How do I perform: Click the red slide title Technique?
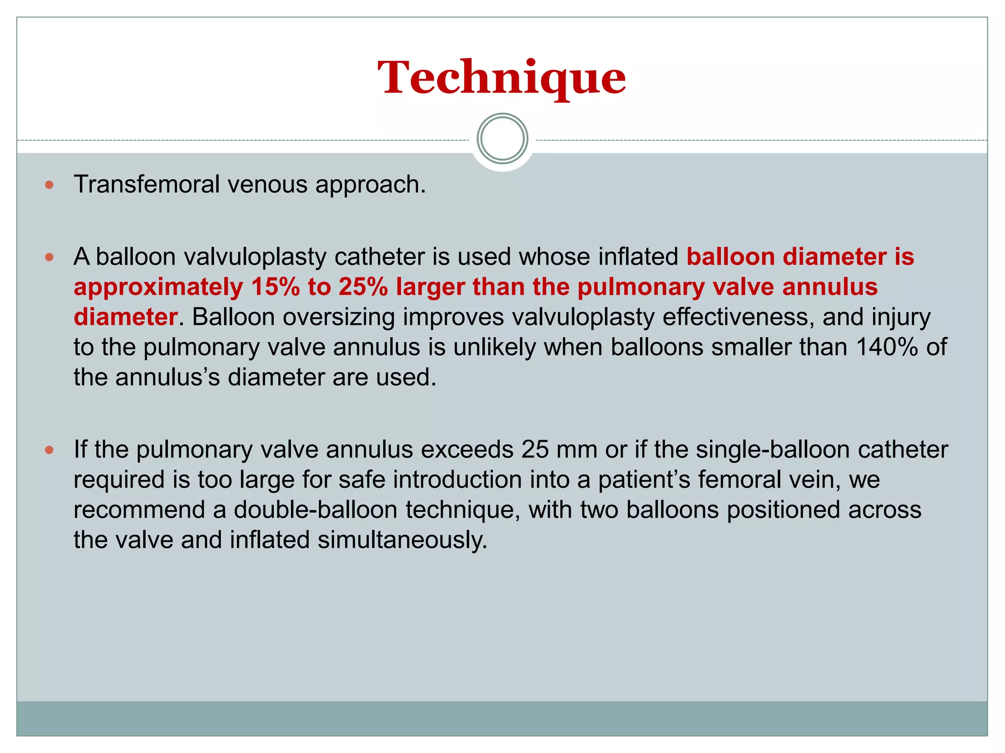(x=502, y=77)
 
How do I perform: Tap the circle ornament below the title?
(x=502, y=139)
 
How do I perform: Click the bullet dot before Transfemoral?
(x=49, y=185)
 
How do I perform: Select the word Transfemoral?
(x=147, y=185)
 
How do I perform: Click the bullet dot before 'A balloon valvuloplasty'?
(x=49, y=257)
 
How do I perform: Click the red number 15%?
(x=275, y=287)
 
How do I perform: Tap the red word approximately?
(x=158, y=288)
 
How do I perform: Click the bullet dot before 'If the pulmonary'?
(x=49, y=450)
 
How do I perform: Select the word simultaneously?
(x=402, y=540)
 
